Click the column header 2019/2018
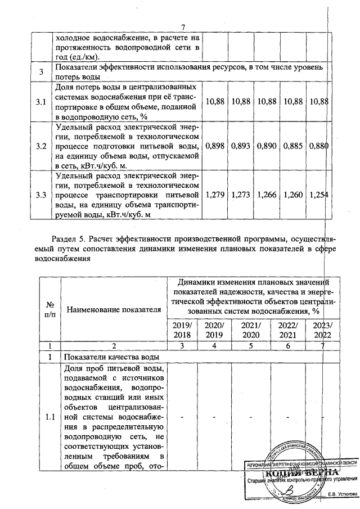pyautogui.click(x=184, y=330)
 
